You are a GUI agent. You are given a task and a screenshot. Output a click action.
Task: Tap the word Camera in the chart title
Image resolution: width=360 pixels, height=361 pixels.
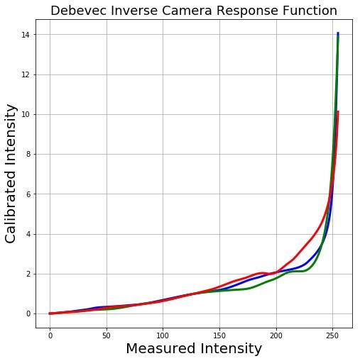pyautogui.click(x=188, y=11)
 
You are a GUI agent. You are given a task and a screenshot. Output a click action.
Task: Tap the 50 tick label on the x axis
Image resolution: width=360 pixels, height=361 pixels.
pyautogui.click(x=107, y=335)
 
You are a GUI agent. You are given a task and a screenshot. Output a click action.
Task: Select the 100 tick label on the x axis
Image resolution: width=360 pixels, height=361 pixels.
pyautogui.click(x=163, y=335)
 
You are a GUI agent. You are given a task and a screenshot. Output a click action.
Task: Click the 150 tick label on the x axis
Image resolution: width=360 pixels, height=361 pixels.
pyautogui.click(x=220, y=335)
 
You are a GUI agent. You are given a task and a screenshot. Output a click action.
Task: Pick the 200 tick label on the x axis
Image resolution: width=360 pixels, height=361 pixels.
pyautogui.click(x=277, y=335)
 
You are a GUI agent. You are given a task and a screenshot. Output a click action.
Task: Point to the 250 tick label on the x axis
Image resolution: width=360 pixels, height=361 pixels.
pyautogui.click(x=333, y=335)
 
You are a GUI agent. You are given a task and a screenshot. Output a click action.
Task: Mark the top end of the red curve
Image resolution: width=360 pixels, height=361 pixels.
pyautogui.click(x=338, y=112)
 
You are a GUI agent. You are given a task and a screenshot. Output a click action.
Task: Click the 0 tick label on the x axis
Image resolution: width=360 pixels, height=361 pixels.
pyautogui.click(x=50, y=335)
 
